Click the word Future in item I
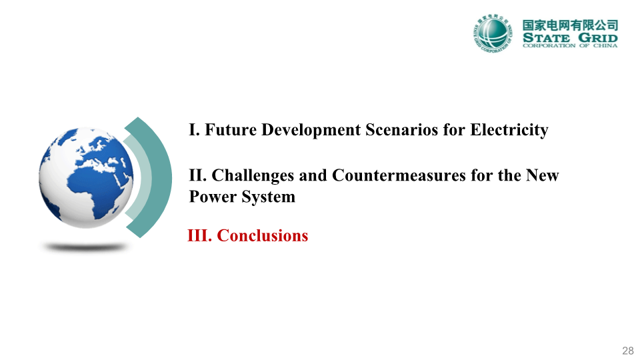[x=231, y=130]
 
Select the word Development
[x=311, y=131]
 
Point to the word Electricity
[x=509, y=131]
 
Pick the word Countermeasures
[x=399, y=175]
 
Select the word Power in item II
[x=213, y=197]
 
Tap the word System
[x=268, y=197]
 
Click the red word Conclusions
[x=263, y=236]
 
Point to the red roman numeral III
[x=199, y=236]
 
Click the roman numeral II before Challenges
[x=198, y=176]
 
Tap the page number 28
[x=628, y=351]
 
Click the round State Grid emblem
[x=493, y=33]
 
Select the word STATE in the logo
[x=546, y=38]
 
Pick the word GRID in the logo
[x=598, y=38]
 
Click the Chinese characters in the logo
[x=570, y=25]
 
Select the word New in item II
[x=542, y=176]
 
